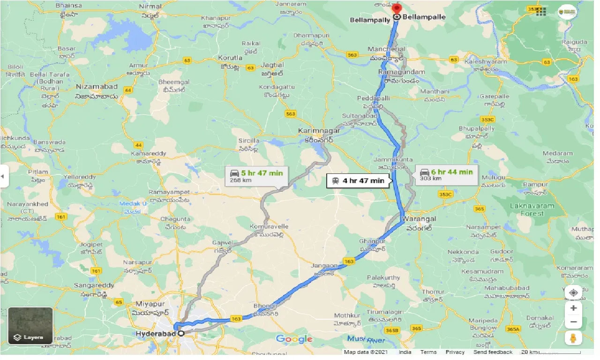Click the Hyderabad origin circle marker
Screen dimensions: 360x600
[x=180, y=333]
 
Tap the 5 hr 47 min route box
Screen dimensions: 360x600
[x=256, y=176]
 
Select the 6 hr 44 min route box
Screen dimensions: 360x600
[x=447, y=175]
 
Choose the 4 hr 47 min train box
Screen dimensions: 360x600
[x=358, y=180]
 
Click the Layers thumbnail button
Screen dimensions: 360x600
[x=30, y=326]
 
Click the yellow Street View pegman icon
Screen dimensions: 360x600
[x=573, y=337]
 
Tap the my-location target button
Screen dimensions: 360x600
[x=573, y=293]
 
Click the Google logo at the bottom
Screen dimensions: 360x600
[x=294, y=339]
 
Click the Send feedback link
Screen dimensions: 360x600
[x=493, y=352]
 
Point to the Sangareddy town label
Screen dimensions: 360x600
[x=94, y=285]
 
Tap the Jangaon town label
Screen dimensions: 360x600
[x=324, y=266]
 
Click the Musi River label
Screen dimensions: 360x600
[x=366, y=339]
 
